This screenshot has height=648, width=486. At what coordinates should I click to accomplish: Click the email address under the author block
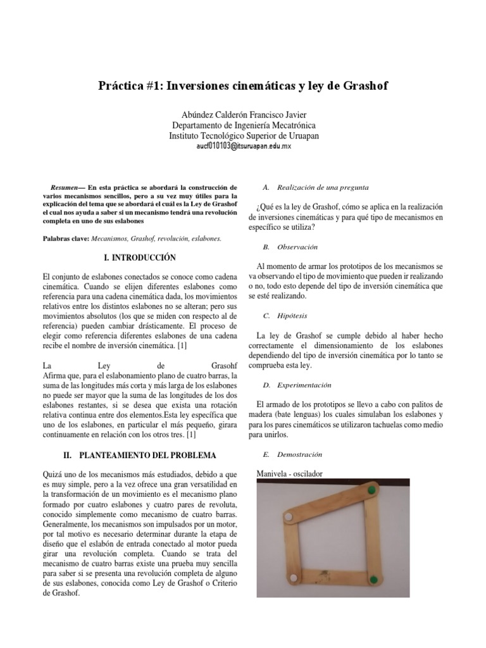244,146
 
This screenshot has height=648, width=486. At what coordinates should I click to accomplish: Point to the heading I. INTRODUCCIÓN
139,258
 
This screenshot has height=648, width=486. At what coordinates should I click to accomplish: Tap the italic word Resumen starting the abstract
65,188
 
